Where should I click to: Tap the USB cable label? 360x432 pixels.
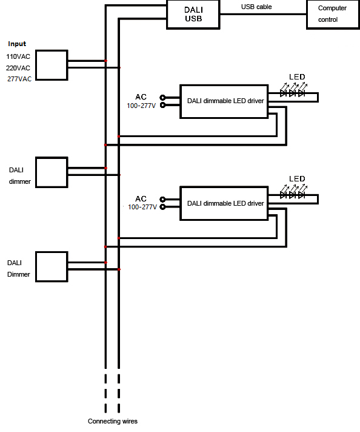pyautogui.click(x=256, y=7)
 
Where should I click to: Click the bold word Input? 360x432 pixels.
pyautogui.click(x=17, y=44)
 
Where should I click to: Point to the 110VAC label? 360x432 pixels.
pyautogui.click(x=18, y=56)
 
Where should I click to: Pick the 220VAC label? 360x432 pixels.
pyautogui.click(x=18, y=68)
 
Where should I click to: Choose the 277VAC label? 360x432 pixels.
pyautogui.click(x=19, y=79)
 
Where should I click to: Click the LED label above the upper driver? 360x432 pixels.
pyautogui.click(x=297, y=77)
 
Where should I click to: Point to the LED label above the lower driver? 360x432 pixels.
pyautogui.click(x=297, y=179)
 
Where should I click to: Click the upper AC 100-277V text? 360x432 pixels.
pyautogui.click(x=141, y=101)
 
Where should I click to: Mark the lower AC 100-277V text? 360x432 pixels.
pyautogui.click(x=142, y=203)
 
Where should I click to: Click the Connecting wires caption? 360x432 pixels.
pyautogui.click(x=113, y=421)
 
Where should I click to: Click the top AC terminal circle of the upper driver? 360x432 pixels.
pyautogui.click(x=162, y=98)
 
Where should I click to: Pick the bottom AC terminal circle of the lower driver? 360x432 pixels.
pyautogui.click(x=162, y=207)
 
